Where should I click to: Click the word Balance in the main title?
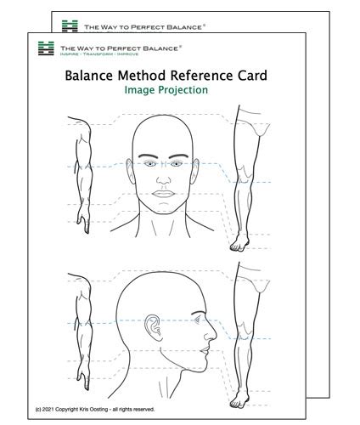93,76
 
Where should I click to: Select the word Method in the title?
148,76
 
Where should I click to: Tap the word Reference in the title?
209,76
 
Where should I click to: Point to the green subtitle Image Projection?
166,91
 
